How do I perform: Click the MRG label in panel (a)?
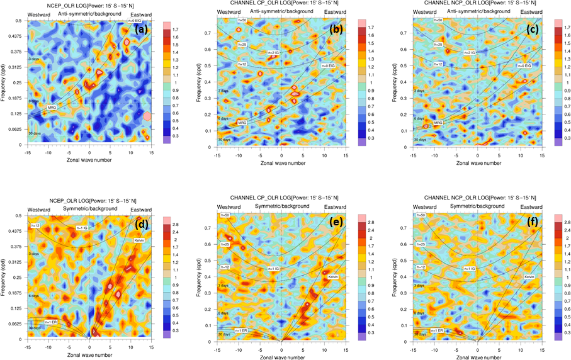52,108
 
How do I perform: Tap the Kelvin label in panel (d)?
139,240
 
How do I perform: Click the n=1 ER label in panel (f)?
438,329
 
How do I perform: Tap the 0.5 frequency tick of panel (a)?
20,21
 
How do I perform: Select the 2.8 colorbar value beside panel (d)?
177,223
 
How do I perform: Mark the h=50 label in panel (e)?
225,215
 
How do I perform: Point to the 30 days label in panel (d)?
35,327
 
